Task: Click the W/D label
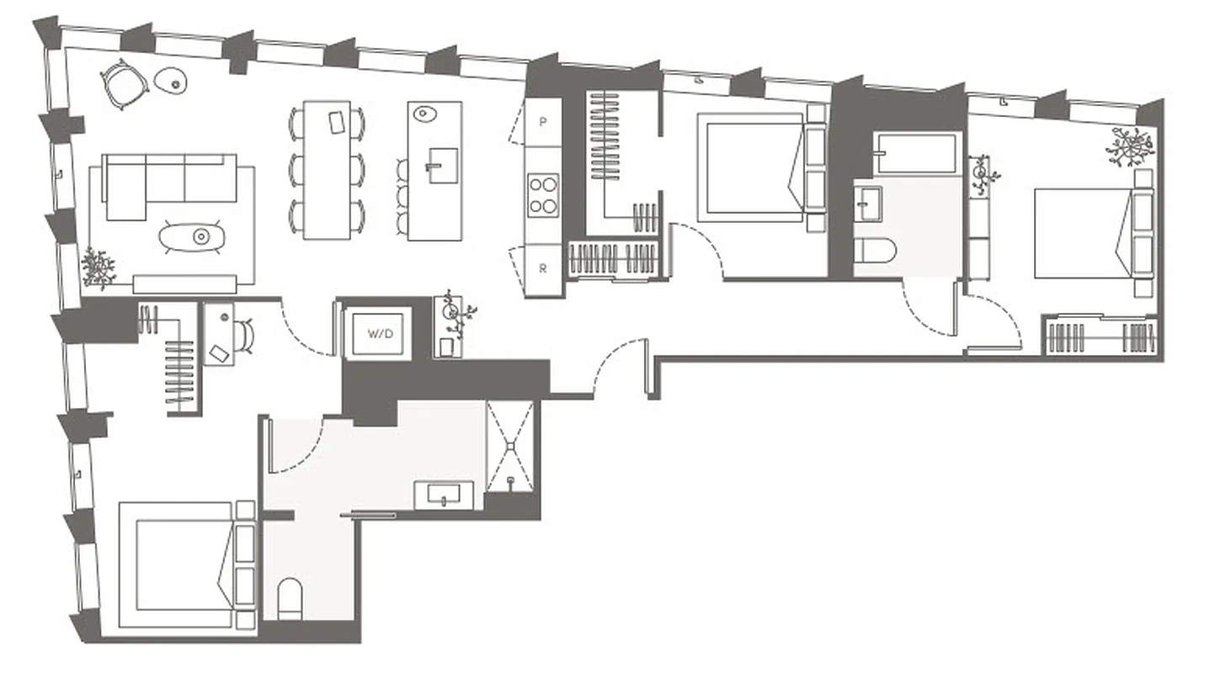pos(380,333)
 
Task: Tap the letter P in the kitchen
pos(543,122)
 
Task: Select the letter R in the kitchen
pos(543,270)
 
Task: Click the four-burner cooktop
pos(543,194)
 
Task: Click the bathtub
pos(914,152)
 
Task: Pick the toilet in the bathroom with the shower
pos(290,596)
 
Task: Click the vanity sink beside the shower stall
pos(444,495)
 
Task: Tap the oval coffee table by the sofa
pos(195,236)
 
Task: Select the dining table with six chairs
pos(328,169)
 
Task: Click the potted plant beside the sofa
pos(99,268)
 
